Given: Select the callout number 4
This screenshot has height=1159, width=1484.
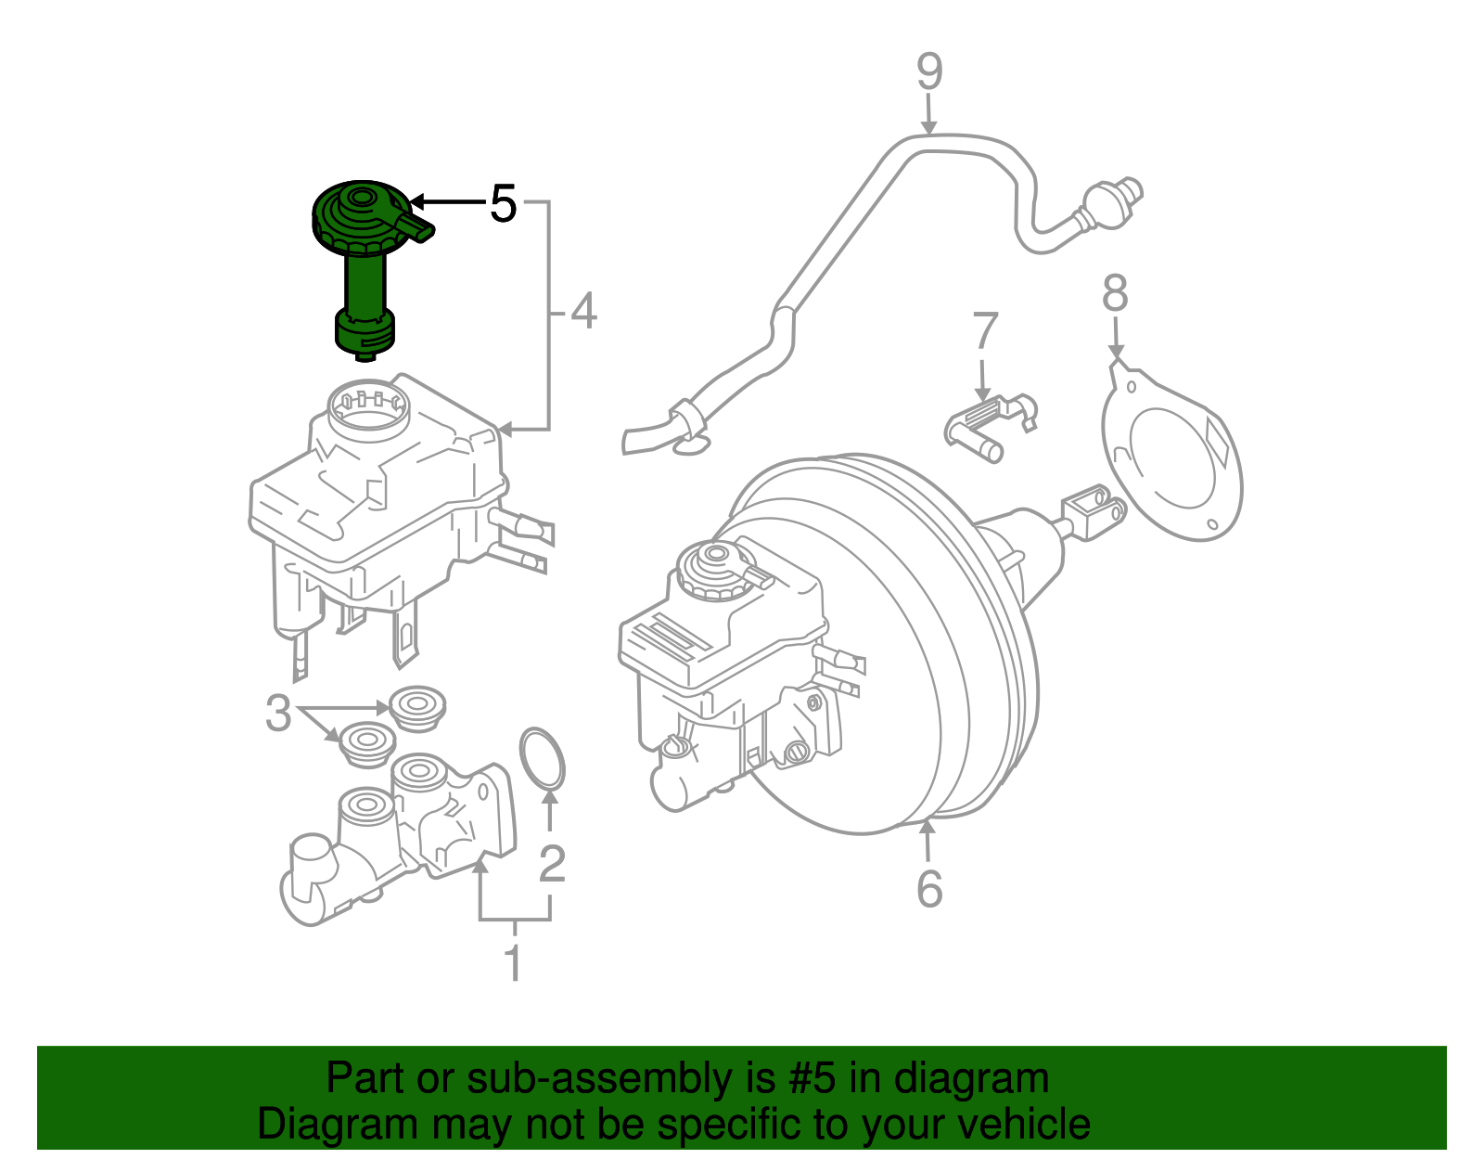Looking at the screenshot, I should point(583,312).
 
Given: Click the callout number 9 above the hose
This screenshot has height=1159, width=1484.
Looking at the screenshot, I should point(929,72).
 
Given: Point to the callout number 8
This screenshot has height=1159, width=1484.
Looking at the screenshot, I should point(1115,293).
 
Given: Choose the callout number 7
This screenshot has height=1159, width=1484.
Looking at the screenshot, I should point(985,332).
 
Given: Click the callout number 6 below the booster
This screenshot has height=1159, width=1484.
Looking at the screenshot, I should point(929,889).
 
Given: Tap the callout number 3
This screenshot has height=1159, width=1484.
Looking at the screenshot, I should point(278,714).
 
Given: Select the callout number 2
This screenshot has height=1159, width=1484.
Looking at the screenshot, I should point(552,864).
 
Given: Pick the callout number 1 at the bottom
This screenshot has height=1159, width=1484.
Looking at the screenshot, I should point(513,963).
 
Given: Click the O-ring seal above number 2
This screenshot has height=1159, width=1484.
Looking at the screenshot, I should point(543,761).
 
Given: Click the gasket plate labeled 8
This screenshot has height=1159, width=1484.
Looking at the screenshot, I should point(1174,455).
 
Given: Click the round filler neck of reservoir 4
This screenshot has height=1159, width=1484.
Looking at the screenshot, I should point(368,408).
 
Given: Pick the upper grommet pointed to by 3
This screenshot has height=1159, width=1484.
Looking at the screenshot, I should point(417,707).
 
